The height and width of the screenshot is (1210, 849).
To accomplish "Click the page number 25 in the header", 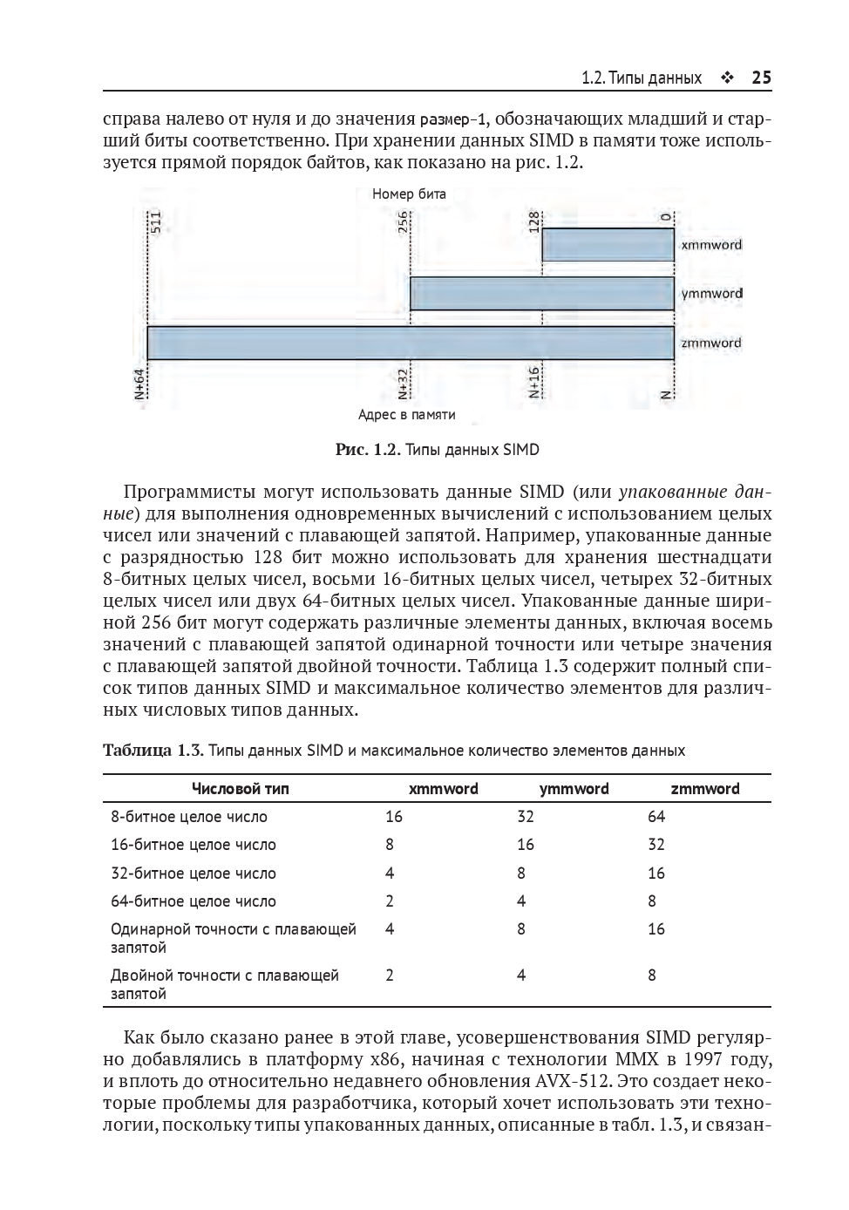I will pyautogui.click(x=761, y=78).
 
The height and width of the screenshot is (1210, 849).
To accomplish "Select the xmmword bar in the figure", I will pyautogui.click(x=608, y=244).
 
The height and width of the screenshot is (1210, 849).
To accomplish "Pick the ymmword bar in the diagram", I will pyautogui.click(x=541, y=294).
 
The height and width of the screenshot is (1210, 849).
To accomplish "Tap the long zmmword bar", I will pyautogui.click(x=410, y=343).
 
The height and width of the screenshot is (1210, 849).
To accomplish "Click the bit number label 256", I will pyautogui.click(x=404, y=221).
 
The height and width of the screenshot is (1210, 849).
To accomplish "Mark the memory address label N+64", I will pyautogui.click(x=139, y=384).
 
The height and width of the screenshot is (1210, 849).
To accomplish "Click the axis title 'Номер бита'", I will pyautogui.click(x=409, y=194).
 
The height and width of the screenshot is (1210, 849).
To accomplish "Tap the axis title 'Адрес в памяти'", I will pyautogui.click(x=406, y=415).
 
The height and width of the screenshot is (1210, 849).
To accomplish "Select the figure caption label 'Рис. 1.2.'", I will pyautogui.click(x=367, y=450).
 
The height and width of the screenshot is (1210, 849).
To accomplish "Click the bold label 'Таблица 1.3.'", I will pyautogui.click(x=153, y=751).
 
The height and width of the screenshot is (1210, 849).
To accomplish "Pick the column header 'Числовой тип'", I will pyautogui.click(x=240, y=789).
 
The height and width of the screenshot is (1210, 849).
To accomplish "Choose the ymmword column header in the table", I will pyautogui.click(x=574, y=789).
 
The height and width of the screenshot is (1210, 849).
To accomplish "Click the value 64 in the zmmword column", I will pyautogui.click(x=656, y=817).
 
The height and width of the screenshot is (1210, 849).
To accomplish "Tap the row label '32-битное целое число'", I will pyautogui.click(x=193, y=874).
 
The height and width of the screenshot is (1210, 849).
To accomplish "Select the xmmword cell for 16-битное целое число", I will pyautogui.click(x=390, y=845).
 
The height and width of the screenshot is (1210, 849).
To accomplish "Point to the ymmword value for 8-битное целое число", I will pyautogui.click(x=525, y=817).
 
